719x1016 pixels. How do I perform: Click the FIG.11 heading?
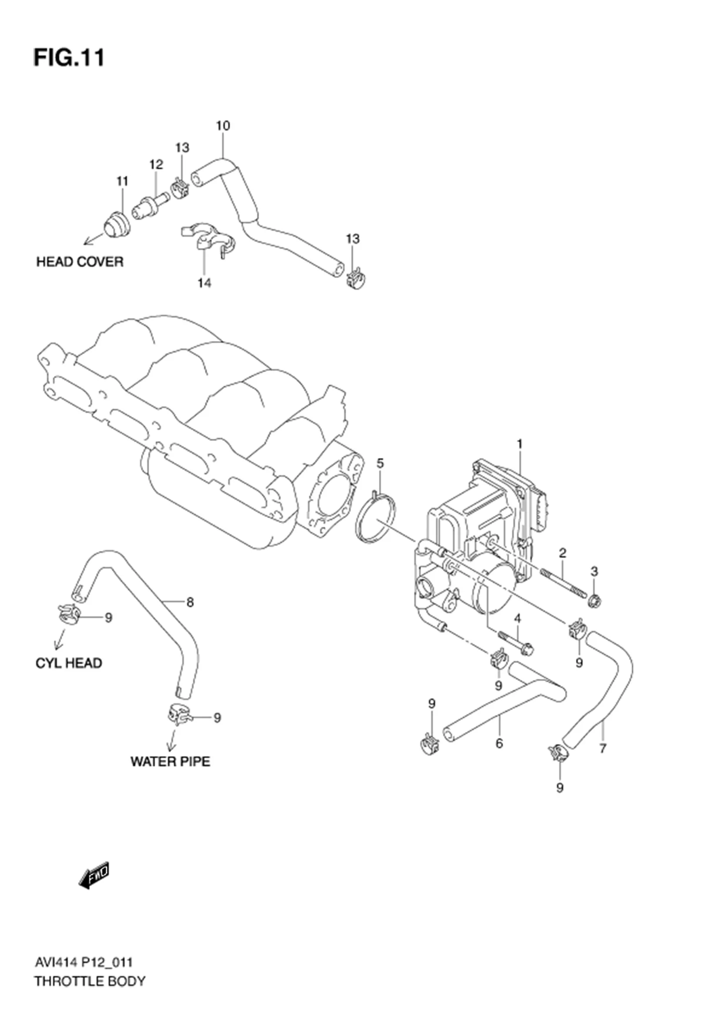click(69, 58)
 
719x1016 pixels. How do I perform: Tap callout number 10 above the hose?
click(223, 126)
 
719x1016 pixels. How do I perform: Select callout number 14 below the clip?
click(204, 283)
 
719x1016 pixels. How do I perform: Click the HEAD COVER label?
click(80, 262)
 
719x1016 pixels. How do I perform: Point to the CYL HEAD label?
click(69, 663)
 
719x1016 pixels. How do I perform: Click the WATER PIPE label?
click(170, 761)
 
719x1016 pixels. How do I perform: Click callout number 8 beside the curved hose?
click(190, 602)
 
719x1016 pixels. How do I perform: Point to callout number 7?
click(602, 749)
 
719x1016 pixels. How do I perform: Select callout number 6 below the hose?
click(499, 744)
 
